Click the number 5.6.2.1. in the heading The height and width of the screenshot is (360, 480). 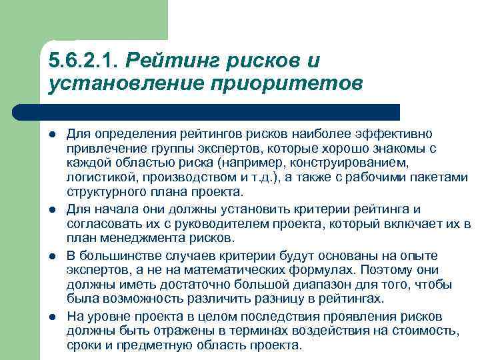tap(83, 61)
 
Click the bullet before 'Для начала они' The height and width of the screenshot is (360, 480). tap(53, 211)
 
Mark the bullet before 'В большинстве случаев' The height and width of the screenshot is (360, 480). tap(53, 257)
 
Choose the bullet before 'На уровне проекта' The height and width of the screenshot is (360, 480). tap(53, 317)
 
